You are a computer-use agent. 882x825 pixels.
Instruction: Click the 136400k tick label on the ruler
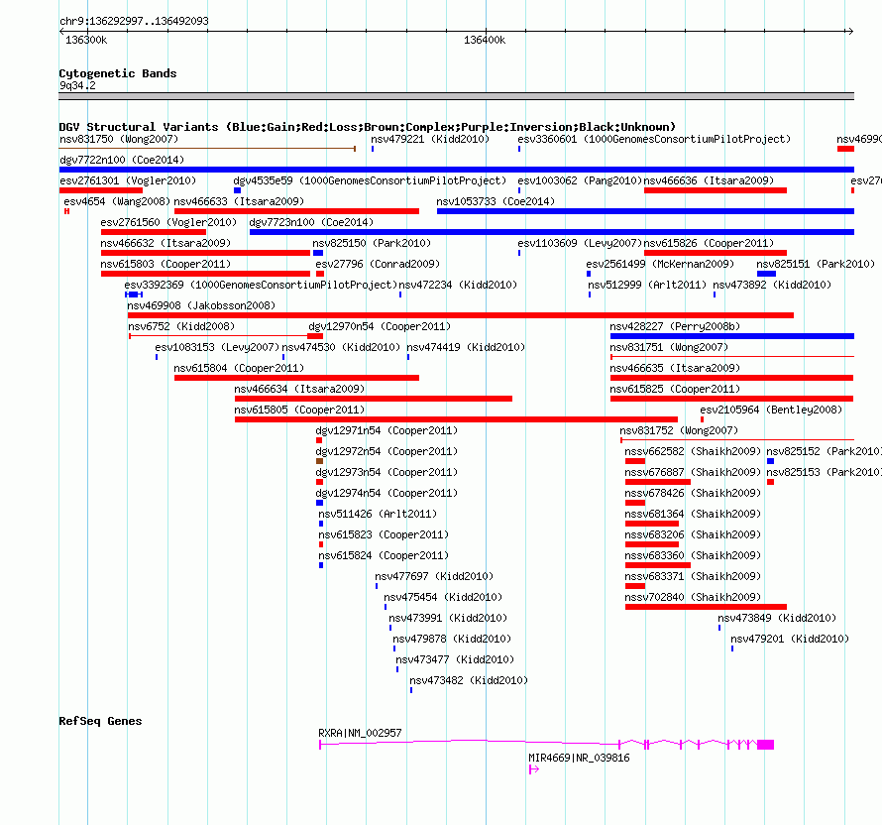(x=485, y=40)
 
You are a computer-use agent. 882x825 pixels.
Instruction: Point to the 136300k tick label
(x=86, y=40)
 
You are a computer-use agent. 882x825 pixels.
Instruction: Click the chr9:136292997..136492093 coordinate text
(x=134, y=21)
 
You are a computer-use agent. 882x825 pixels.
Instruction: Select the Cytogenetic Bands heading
(x=118, y=73)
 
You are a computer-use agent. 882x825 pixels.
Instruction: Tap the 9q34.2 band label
(x=77, y=85)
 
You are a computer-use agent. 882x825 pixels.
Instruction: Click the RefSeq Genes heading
(x=100, y=721)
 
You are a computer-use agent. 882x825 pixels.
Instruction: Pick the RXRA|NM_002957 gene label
(x=360, y=733)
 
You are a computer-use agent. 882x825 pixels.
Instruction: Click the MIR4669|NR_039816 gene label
(x=579, y=758)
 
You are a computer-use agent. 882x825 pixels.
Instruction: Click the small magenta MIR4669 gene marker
(x=534, y=769)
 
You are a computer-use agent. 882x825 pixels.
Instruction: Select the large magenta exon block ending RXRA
(x=766, y=745)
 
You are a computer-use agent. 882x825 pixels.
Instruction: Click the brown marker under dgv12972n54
(x=319, y=461)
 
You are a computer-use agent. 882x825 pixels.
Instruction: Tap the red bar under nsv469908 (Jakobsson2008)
(x=460, y=315)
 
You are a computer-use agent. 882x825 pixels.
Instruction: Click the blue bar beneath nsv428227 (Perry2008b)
(x=732, y=336)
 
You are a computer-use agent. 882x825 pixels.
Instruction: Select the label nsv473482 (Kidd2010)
(x=469, y=680)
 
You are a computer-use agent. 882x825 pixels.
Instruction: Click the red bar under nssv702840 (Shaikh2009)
(x=706, y=607)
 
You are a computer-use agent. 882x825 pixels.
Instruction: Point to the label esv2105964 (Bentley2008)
(x=771, y=410)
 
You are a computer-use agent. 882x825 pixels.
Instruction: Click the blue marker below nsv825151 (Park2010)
(x=766, y=274)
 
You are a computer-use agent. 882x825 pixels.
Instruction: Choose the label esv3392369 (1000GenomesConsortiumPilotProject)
(x=261, y=285)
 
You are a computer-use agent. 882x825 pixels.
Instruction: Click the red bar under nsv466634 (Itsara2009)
(x=374, y=399)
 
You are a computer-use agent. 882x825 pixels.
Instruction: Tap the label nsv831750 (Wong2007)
(x=119, y=139)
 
